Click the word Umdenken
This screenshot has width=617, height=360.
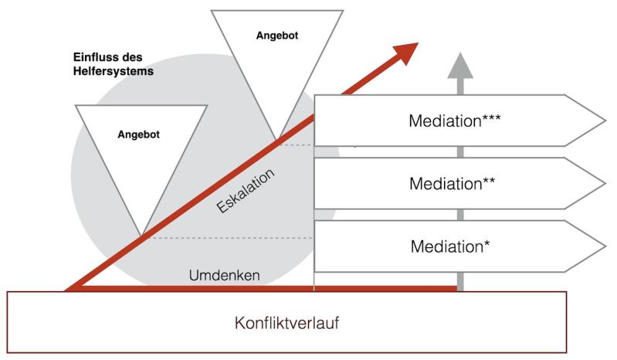[225, 276]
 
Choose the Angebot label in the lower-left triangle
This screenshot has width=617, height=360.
[138, 134]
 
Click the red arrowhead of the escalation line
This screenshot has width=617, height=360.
[405, 51]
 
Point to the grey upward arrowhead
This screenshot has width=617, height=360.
[460, 63]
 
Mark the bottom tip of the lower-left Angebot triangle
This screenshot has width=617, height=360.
[141, 236]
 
